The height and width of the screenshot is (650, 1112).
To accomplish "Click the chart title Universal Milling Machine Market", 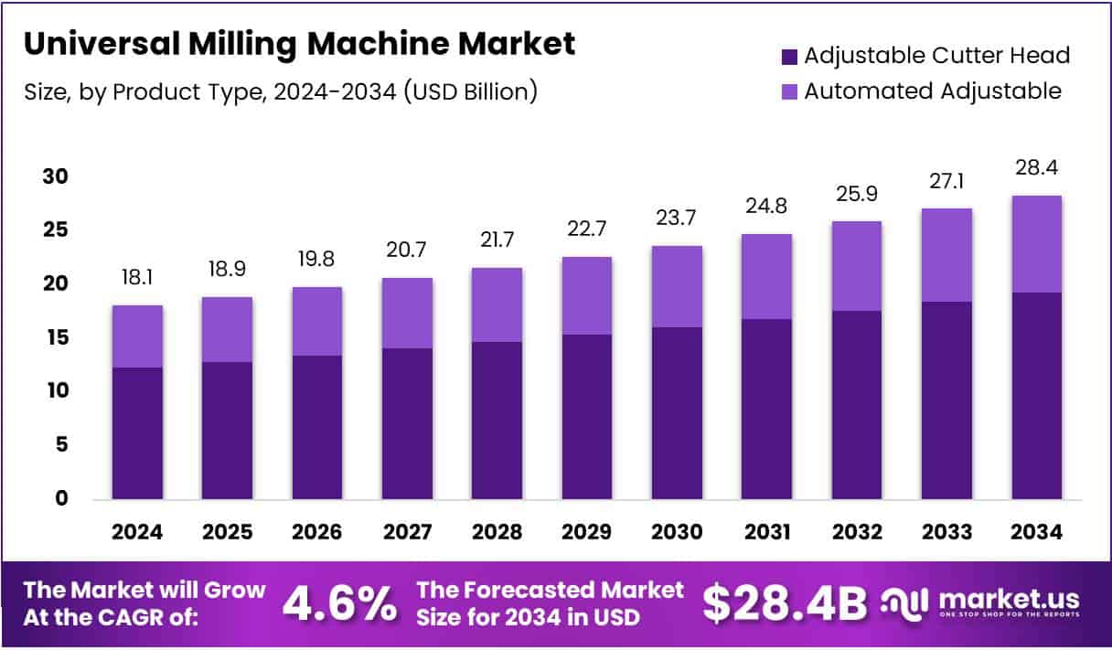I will click(x=300, y=44).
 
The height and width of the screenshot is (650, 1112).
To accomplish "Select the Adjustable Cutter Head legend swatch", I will click(x=789, y=57).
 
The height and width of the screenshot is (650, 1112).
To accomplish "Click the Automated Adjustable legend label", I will click(x=932, y=91).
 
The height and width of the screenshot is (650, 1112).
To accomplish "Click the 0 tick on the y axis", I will click(x=60, y=498).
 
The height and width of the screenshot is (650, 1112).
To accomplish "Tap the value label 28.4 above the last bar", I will click(x=1037, y=168).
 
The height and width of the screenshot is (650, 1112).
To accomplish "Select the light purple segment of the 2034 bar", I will click(x=1037, y=244).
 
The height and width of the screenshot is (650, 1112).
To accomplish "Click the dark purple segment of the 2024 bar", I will click(x=137, y=432).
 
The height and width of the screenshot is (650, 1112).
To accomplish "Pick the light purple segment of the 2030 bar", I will click(x=677, y=286).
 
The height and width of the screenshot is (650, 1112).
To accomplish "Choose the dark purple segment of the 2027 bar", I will click(x=407, y=423).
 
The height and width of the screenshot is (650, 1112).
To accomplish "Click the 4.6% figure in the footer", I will click(x=339, y=602).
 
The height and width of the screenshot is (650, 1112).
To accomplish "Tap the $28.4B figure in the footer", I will click(x=784, y=602).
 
